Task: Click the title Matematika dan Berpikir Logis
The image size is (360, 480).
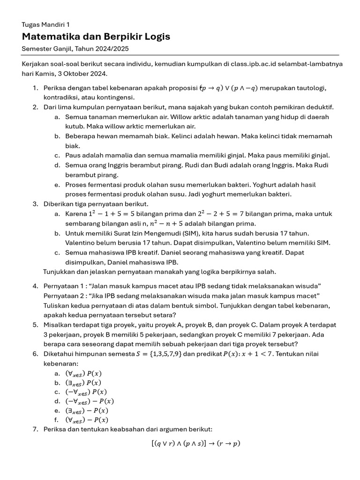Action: click(x=96, y=37)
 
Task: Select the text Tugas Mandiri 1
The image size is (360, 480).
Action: click(x=46, y=24)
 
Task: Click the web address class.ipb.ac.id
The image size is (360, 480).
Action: click(x=238, y=63)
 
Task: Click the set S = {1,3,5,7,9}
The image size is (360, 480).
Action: click(x=155, y=353)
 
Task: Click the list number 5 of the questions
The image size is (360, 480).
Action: click(x=35, y=324)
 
